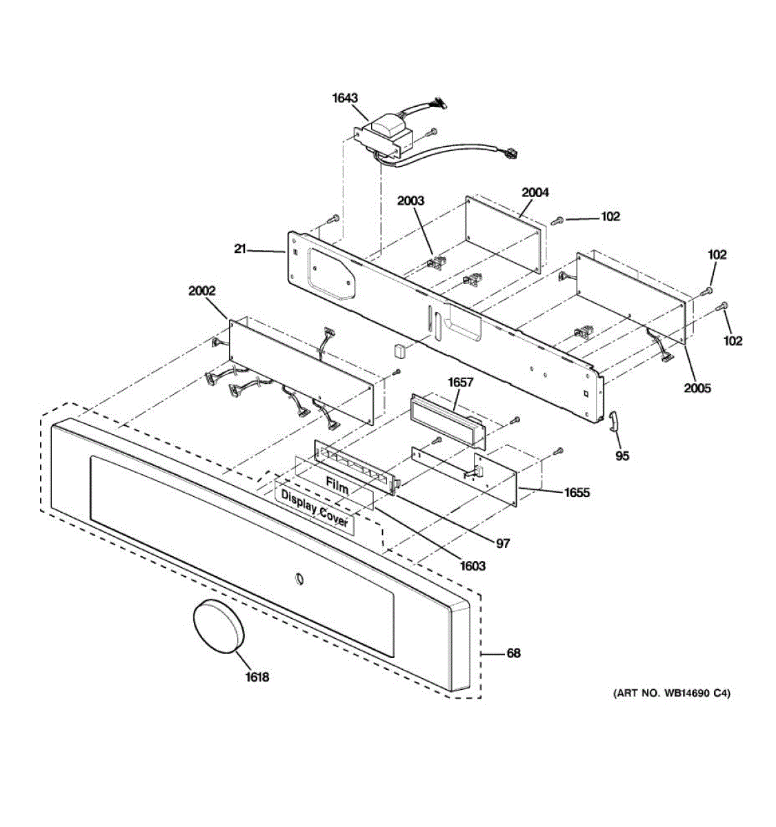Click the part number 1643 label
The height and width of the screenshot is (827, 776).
[345, 98]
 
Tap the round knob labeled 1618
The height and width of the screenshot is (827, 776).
[218, 626]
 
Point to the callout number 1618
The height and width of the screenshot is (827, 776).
[257, 677]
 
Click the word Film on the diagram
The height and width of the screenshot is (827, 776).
[337, 487]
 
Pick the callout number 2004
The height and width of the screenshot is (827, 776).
[535, 192]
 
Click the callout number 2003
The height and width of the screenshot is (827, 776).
[410, 201]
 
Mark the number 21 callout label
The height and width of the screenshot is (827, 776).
[239, 249]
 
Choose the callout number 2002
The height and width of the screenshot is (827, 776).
[201, 291]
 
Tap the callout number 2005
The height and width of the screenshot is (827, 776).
[697, 388]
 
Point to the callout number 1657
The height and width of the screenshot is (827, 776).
[461, 382]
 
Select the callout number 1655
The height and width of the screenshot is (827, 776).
[577, 492]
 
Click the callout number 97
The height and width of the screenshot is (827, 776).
[504, 544]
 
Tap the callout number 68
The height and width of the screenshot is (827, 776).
[513, 653]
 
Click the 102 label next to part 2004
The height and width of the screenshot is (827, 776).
[610, 216]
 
